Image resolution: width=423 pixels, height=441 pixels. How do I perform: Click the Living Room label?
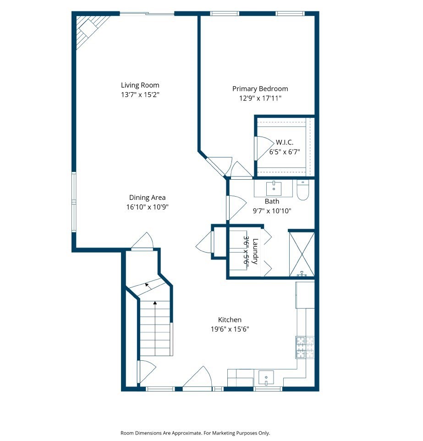tap(140, 85)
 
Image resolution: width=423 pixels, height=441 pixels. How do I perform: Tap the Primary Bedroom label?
tap(260, 88)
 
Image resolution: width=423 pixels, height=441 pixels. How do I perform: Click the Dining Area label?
tap(147, 198)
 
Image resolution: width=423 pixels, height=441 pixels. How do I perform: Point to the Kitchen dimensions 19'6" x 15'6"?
tap(230, 329)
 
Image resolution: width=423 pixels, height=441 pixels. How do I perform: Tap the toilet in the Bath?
tap(303, 190)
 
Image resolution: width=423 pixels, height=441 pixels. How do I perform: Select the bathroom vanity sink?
tap(274, 187)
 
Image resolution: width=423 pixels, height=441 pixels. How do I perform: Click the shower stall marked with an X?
tap(302, 254)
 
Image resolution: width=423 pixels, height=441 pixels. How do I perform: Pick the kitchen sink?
tap(266, 379)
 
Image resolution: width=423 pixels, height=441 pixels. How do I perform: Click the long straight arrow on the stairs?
tap(155, 328)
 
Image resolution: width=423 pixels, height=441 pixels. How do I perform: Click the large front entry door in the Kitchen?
tap(198, 378)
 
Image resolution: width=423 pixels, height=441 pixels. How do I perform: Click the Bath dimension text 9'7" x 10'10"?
tap(272, 211)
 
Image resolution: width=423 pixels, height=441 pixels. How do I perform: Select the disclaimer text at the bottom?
tap(195, 433)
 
